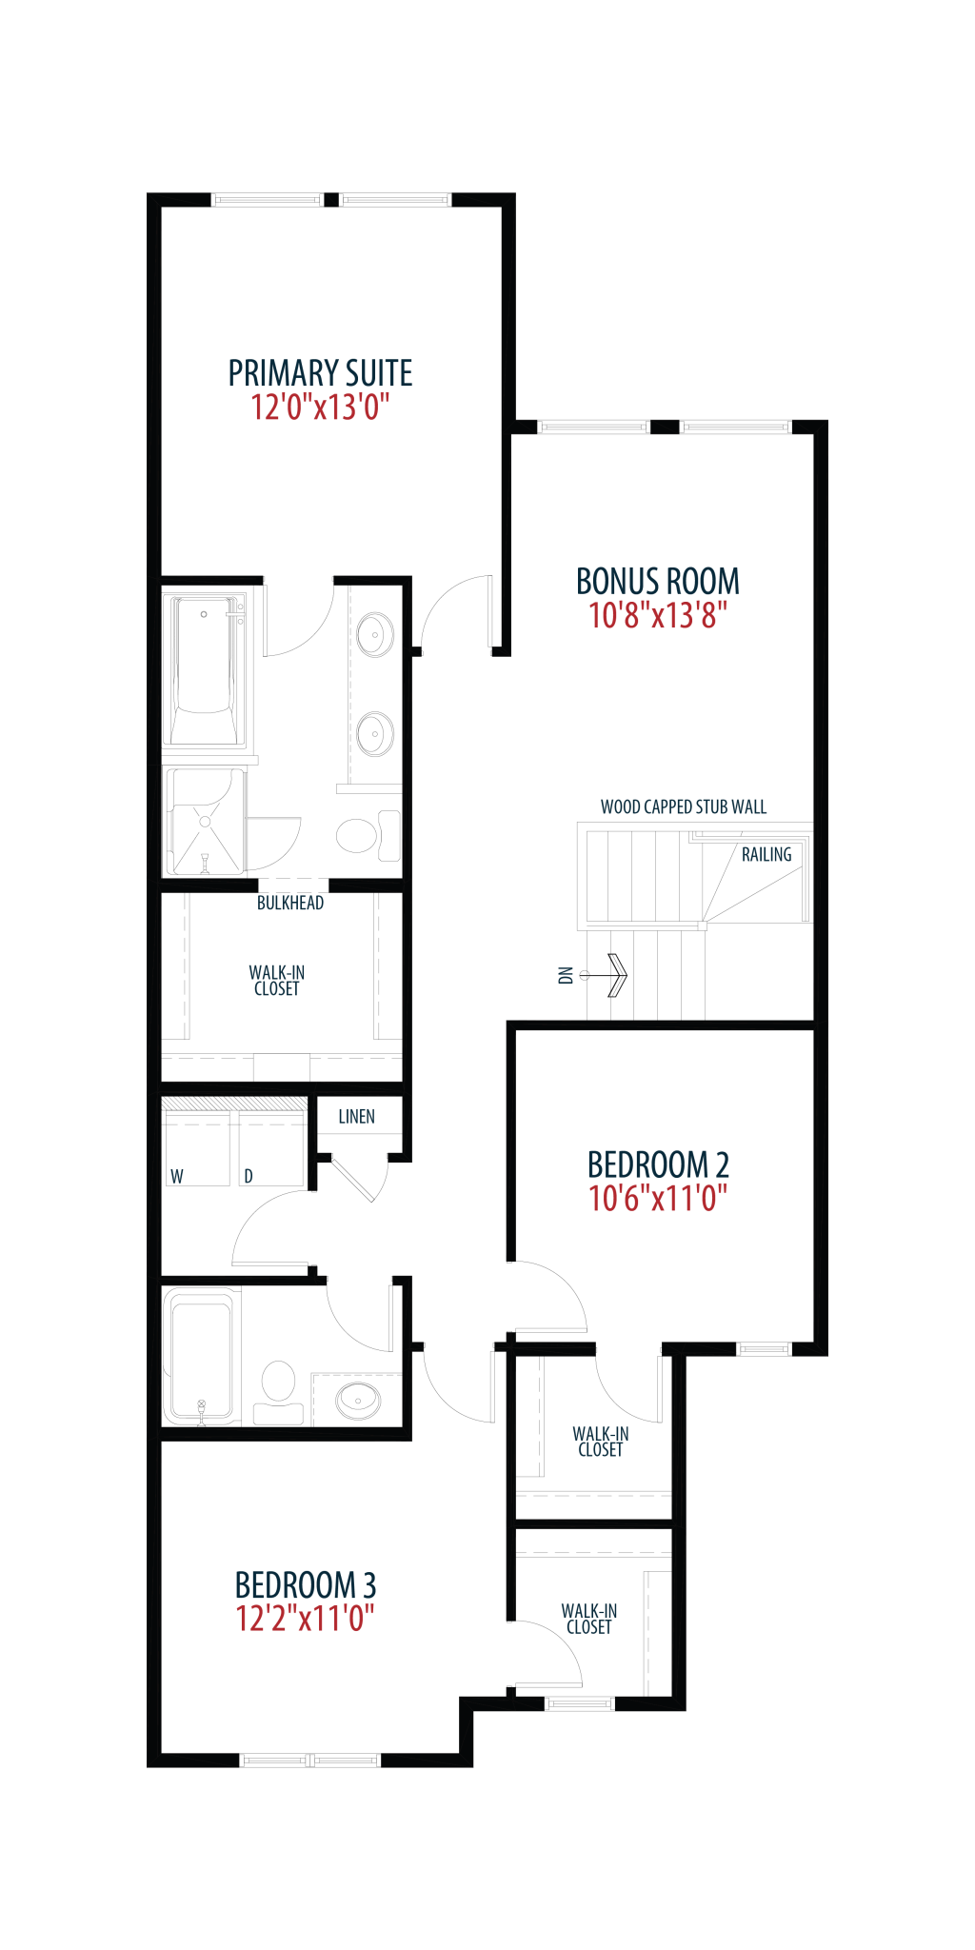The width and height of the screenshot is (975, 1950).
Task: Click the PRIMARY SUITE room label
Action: point(320,372)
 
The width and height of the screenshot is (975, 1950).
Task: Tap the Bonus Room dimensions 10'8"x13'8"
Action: point(658,615)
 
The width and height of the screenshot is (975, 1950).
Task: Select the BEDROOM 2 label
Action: point(658,1164)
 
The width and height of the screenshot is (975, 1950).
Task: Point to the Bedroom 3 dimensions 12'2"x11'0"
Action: point(305,1618)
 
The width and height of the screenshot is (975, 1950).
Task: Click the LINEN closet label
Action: point(357,1117)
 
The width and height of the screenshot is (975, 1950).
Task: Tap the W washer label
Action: point(177,1177)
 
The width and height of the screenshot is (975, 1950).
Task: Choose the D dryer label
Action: point(249,1177)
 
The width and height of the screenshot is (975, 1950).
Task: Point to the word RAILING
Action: point(766,855)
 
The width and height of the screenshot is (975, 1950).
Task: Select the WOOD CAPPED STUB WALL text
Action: point(684,807)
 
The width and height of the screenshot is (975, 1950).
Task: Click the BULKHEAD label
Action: point(290,903)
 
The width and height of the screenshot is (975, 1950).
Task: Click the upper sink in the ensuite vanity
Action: point(375,634)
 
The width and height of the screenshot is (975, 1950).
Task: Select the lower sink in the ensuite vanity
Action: point(375,734)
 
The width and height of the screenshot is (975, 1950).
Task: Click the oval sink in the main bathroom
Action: point(358,1401)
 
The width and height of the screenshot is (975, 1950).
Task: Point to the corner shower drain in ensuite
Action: point(205,822)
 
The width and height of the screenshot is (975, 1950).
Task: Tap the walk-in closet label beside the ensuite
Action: point(277,981)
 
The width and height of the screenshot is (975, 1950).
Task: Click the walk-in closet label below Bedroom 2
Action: point(601,1442)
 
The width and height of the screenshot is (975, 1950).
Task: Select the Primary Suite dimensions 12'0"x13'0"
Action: point(320,408)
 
